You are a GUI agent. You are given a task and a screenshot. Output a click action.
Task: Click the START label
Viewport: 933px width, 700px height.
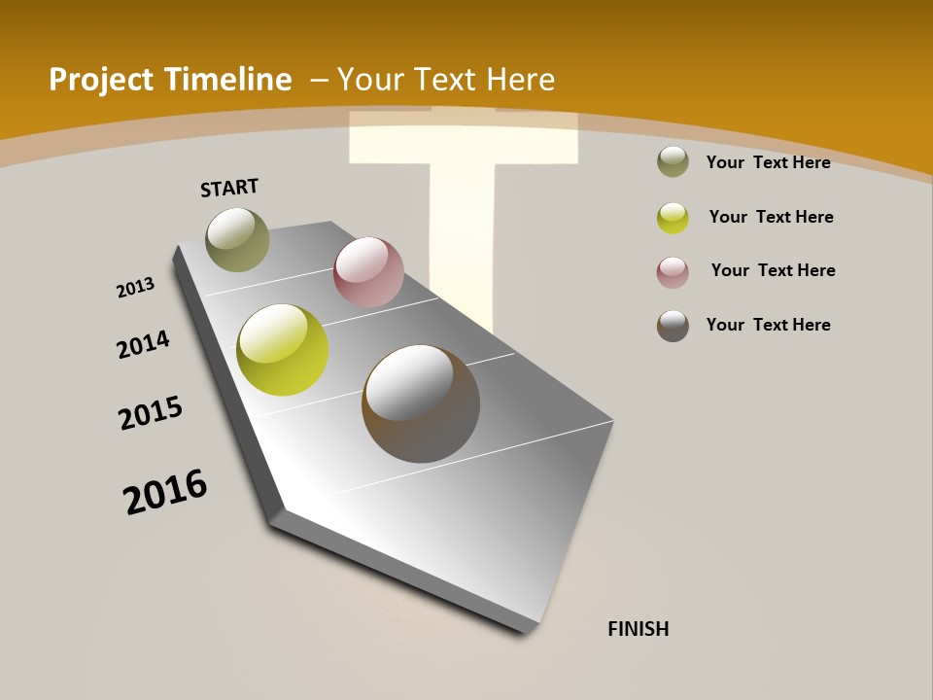[229, 187]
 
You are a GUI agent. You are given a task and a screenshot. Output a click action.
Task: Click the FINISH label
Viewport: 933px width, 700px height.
[638, 629]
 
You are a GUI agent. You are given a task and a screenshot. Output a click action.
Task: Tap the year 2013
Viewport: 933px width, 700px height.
[135, 288]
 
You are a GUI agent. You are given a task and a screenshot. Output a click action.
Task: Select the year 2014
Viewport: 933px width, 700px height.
[143, 344]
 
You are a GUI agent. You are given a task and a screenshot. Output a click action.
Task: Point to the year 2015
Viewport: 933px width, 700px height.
[151, 413]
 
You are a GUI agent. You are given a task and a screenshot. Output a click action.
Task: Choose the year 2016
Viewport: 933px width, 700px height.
[165, 491]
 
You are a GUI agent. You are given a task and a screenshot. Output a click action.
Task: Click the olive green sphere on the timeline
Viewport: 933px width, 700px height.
[237, 239]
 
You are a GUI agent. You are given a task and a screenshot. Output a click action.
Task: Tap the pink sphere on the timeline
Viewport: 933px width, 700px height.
[368, 271]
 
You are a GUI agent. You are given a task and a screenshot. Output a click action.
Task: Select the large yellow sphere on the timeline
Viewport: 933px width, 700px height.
[282, 350]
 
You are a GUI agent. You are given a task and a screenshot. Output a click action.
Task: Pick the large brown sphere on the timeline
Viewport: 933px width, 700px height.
[421, 403]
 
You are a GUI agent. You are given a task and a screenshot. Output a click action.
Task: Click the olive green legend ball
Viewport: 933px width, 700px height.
[673, 162]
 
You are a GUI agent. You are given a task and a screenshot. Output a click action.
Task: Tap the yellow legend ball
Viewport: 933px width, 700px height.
[673, 218]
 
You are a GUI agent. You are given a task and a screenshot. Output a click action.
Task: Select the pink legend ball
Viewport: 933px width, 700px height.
[673, 272]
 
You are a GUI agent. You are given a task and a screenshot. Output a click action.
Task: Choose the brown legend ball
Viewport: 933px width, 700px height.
[673, 326]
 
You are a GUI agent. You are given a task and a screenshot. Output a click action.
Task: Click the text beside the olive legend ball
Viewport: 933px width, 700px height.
[768, 162]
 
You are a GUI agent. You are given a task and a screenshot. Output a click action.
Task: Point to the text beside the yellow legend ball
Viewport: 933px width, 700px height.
[771, 217]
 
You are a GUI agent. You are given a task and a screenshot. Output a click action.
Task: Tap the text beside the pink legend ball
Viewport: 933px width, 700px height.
[773, 270]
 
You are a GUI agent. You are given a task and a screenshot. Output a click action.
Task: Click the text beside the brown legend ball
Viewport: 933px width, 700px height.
[768, 325]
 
